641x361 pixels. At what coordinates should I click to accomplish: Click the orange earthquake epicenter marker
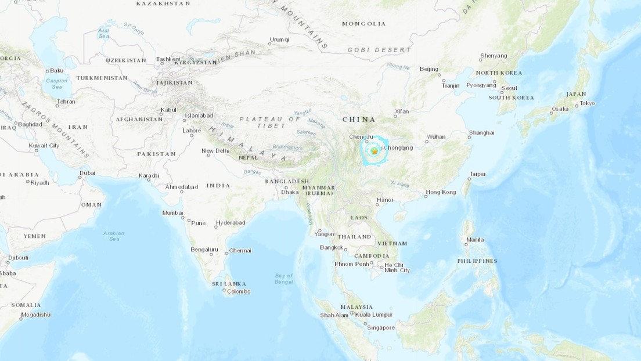click(374, 151)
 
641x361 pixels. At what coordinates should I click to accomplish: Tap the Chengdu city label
click(359, 137)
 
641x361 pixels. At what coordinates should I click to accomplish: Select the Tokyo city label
click(588, 103)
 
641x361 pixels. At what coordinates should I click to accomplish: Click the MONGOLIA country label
click(363, 24)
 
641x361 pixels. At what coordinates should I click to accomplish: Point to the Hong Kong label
click(441, 192)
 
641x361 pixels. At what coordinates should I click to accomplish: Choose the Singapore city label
click(381, 327)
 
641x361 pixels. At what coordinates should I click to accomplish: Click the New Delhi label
click(215, 151)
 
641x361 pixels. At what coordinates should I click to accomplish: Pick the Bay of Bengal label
click(284, 279)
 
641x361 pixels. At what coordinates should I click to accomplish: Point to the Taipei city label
click(477, 174)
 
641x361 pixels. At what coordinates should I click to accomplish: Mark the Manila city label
click(474, 239)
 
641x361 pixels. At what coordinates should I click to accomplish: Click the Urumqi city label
click(279, 40)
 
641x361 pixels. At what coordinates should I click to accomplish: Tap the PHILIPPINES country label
click(477, 261)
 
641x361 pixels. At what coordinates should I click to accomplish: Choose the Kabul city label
click(168, 109)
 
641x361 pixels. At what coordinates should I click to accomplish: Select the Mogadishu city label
click(35, 315)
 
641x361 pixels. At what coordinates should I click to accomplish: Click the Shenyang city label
click(494, 56)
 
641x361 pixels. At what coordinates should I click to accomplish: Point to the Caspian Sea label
click(56, 84)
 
